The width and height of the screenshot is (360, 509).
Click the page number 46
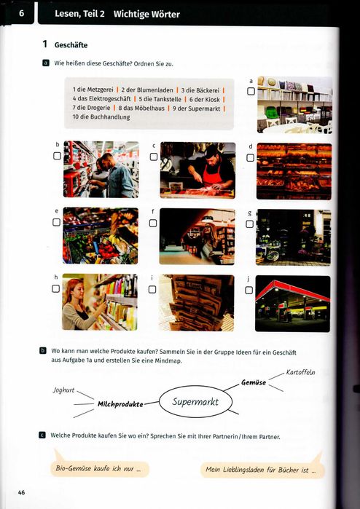21,492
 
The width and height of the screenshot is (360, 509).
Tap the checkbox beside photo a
251,91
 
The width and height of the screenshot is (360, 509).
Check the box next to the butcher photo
154,157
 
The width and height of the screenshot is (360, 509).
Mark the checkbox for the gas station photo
249,291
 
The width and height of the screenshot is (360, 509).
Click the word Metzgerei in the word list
100,90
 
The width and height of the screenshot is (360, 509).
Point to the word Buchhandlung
110,117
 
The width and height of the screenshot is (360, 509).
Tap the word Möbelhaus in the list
149,108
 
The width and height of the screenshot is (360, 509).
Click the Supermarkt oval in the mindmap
195,401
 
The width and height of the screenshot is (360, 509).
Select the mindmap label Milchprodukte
120,404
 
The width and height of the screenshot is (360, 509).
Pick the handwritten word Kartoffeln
300,372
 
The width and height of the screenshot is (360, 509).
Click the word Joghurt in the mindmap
63,390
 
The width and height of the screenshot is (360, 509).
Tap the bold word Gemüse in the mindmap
254,382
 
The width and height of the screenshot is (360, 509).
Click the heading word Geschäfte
71,45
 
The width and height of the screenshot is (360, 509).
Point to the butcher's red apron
211,175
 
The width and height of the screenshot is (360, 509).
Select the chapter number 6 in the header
21,13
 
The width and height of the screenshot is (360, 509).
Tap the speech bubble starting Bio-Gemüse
100,469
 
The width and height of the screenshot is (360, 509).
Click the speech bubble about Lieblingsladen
262,470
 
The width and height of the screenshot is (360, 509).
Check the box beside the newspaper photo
152,290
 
